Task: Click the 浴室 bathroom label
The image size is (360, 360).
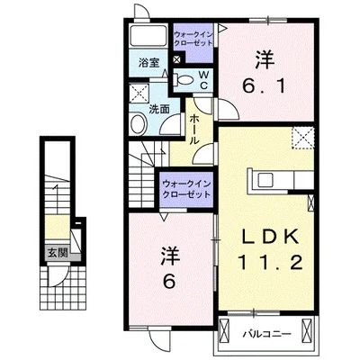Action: (149, 63)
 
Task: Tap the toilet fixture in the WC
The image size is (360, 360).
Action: (184, 79)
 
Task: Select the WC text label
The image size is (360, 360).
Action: (203, 79)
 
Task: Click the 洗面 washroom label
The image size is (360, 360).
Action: (159, 109)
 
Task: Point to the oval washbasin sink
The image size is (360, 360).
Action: (138, 124)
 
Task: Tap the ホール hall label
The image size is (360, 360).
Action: (193, 130)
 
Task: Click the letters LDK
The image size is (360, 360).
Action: (271, 237)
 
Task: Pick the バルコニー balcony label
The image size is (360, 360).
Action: (266, 334)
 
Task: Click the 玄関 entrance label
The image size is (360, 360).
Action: (58, 253)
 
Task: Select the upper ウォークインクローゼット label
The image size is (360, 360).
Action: (193, 39)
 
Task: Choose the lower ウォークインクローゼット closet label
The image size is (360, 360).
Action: (186, 189)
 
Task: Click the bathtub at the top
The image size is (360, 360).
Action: (148, 37)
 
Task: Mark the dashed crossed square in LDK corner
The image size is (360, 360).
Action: (303, 138)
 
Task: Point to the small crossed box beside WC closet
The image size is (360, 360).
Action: (177, 58)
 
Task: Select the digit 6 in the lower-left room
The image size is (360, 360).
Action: (169, 282)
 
